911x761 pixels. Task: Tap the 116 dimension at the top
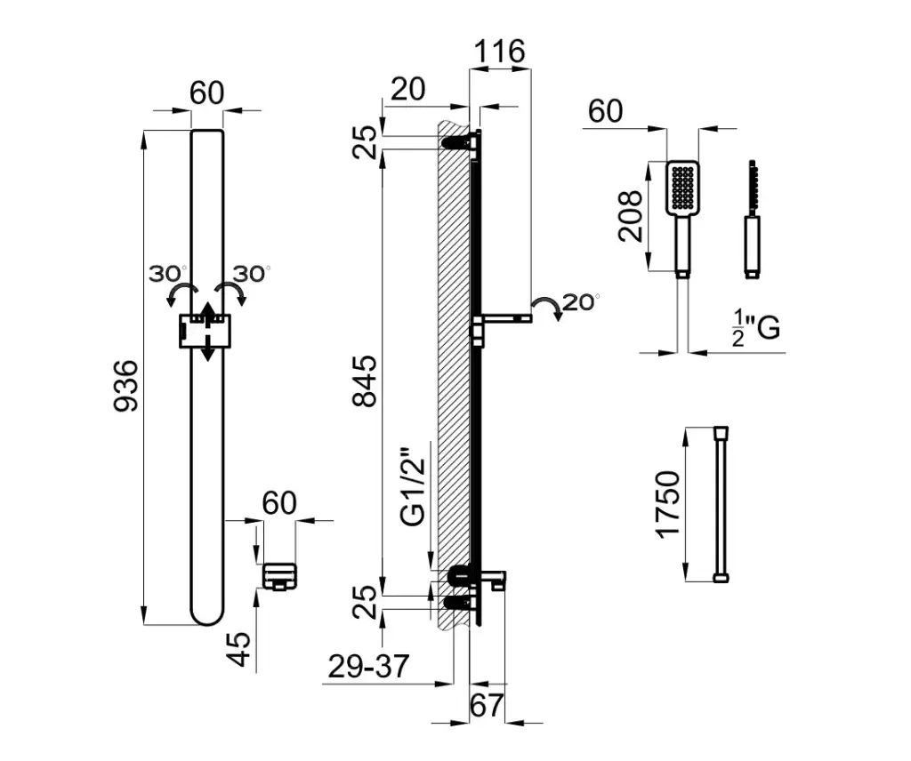click(x=499, y=51)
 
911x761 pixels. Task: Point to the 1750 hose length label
click(x=667, y=504)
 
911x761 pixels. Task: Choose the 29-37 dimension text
click(x=367, y=667)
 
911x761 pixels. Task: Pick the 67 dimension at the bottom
click(x=487, y=707)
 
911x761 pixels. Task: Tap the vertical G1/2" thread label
click(x=412, y=490)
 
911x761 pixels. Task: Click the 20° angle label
click(x=583, y=301)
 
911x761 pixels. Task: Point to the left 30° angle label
click(x=167, y=273)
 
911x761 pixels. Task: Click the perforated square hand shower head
click(x=682, y=187)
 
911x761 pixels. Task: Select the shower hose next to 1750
click(x=721, y=504)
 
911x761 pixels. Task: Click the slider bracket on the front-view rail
click(x=205, y=331)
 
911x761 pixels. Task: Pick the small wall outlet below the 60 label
click(x=278, y=576)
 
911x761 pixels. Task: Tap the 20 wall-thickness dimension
click(x=407, y=89)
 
